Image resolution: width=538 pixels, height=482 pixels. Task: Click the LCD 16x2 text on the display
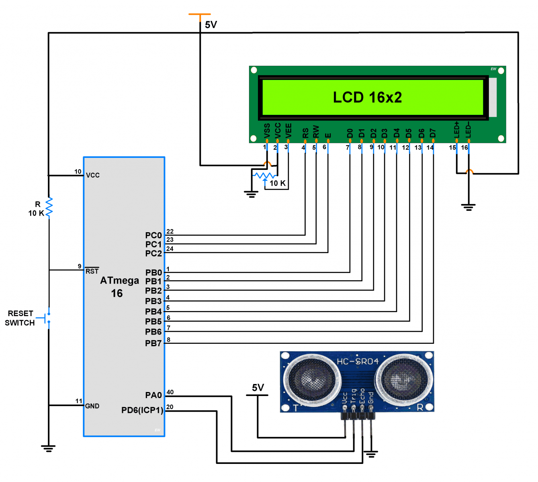pyautogui.click(x=367, y=97)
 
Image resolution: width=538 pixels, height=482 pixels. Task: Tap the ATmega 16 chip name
pyautogui.click(x=119, y=287)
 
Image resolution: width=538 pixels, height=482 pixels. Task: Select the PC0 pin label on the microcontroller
pyautogui.click(x=153, y=235)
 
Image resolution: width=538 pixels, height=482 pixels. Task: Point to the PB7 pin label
pyautogui.click(x=153, y=343)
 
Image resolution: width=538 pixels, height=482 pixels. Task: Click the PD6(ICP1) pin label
pyautogui.click(x=142, y=410)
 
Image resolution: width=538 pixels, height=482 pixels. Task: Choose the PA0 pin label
pyautogui.click(x=153, y=395)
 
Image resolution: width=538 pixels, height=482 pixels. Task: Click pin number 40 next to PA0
pyautogui.click(x=170, y=392)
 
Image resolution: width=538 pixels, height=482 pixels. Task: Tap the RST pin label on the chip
pyautogui.click(x=92, y=271)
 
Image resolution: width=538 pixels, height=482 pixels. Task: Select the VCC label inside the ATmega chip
pyautogui.click(x=93, y=175)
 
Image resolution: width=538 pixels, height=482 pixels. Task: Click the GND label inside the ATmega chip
pyautogui.click(x=92, y=406)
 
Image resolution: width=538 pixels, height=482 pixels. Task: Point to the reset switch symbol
pyautogui.click(x=47, y=318)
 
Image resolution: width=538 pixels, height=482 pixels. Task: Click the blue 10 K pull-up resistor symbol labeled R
pyautogui.click(x=49, y=207)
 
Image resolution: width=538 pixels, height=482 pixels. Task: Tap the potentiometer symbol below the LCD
pyautogui.click(x=264, y=176)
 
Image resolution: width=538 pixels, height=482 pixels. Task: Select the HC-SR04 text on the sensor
pyautogui.click(x=358, y=361)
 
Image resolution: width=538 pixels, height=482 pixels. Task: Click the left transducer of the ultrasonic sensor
pyautogui.click(x=311, y=379)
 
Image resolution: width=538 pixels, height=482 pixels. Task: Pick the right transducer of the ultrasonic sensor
pyautogui.click(x=403, y=379)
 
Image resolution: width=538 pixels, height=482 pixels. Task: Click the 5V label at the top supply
pyautogui.click(x=211, y=25)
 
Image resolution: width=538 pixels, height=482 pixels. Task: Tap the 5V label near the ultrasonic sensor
pyautogui.click(x=258, y=388)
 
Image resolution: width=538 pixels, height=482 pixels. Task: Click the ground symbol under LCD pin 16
pyautogui.click(x=468, y=207)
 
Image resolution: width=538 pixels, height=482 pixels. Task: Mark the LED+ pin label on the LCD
pyautogui.click(x=456, y=130)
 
